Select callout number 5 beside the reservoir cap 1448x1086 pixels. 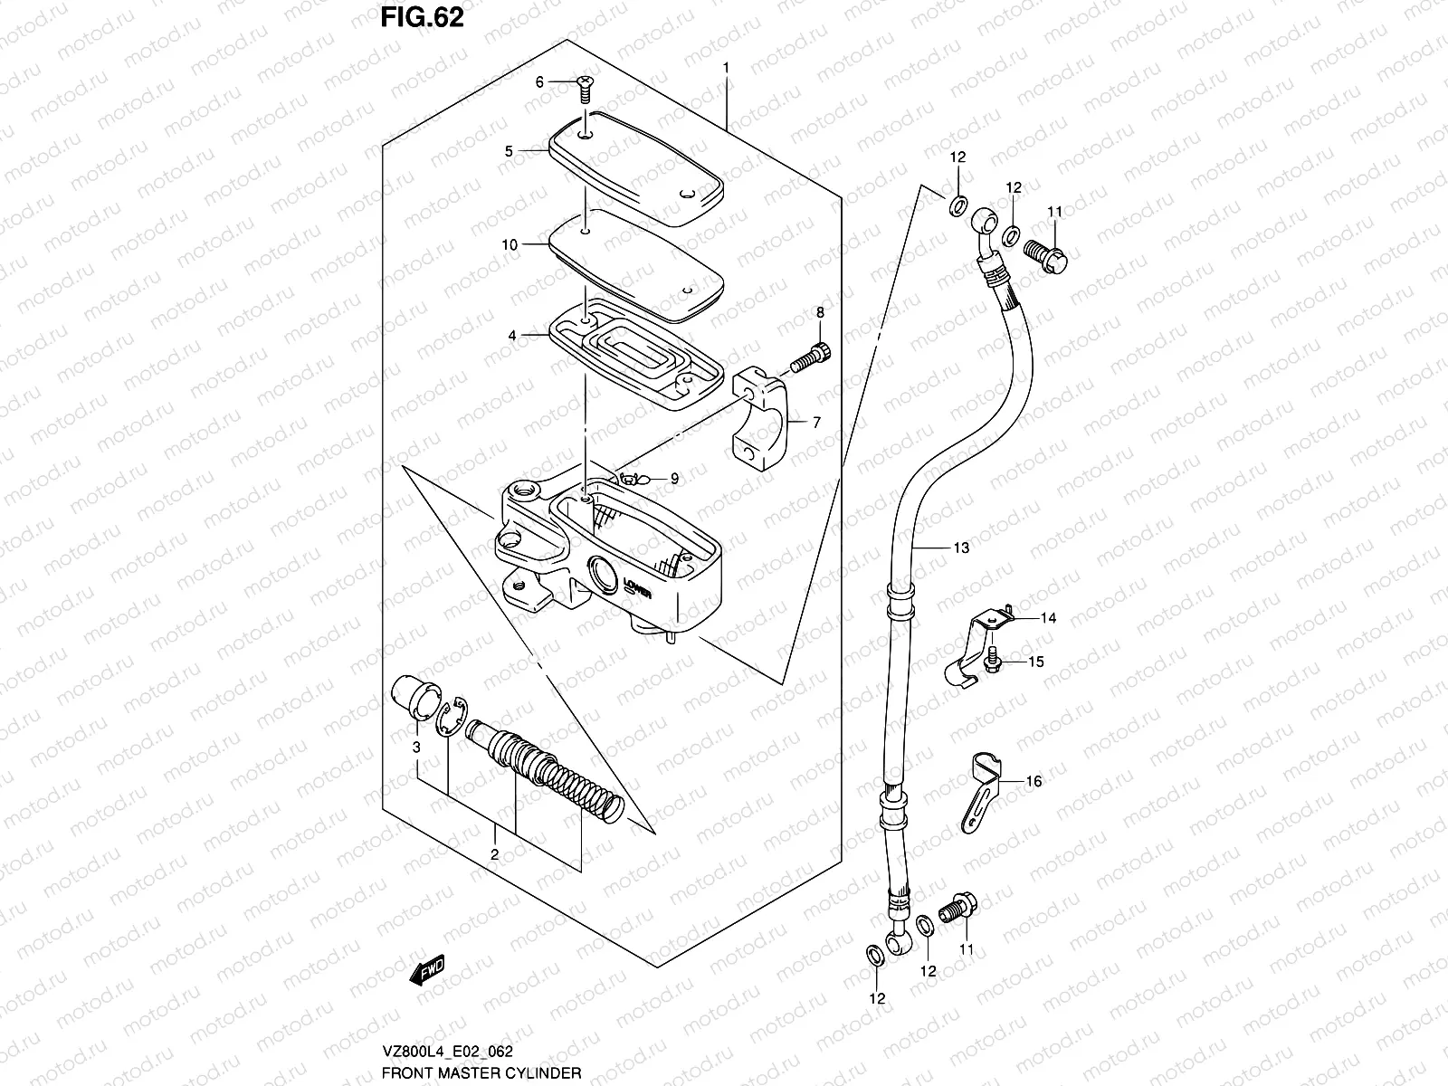(x=509, y=151)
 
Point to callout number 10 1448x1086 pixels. (x=509, y=244)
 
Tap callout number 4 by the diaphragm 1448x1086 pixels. (x=512, y=336)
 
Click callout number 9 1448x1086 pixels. (x=673, y=478)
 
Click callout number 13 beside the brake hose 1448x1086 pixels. (x=961, y=548)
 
